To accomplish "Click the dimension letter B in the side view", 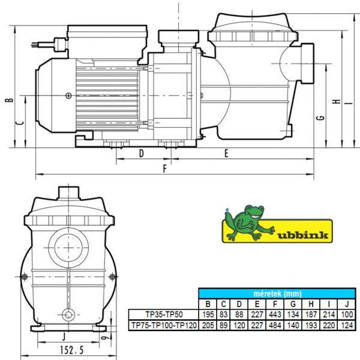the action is click(x=10, y=100).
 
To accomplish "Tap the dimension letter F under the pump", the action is click(x=164, y=169).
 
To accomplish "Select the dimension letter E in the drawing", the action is click(x=226, y=154).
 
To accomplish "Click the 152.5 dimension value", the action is click(x=72, y=350).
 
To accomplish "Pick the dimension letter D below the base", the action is click(x=142, y=154).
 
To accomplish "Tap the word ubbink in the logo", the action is click(x=302, y=235).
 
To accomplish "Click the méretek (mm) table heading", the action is click(x=277, y=293).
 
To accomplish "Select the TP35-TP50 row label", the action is click(x=164, y=314).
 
